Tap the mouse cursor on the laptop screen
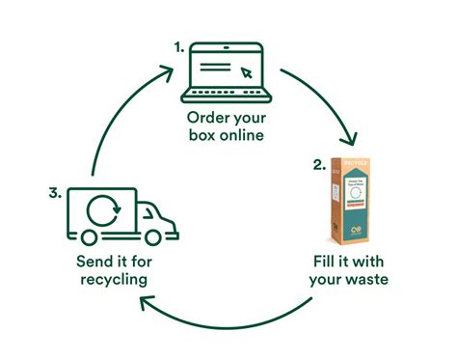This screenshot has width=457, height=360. (246, 70)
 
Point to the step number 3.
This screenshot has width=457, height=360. (56, 192)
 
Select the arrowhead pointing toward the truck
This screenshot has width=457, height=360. (145, 306)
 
